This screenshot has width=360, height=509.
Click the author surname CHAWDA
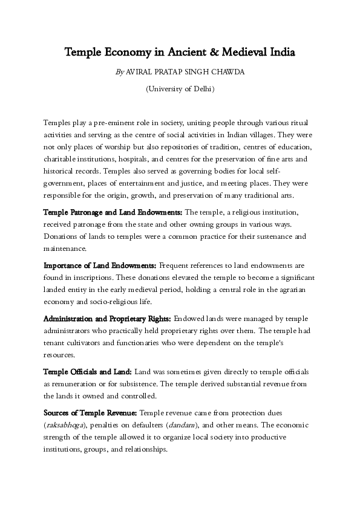click(226, 72)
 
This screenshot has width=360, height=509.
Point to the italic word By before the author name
click(119, 72)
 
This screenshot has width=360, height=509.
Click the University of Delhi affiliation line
click(180, 89)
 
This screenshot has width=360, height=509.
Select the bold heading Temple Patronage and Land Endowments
click(113, 213)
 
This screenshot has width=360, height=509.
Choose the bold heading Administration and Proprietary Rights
click(107, 318)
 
